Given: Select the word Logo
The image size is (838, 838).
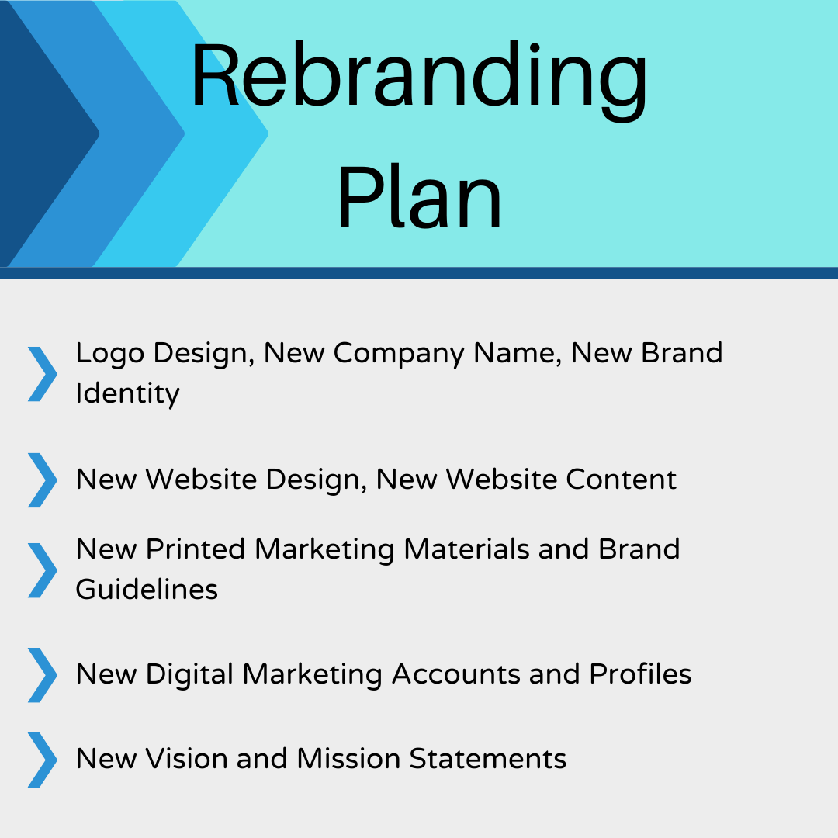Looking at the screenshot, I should [110, 354].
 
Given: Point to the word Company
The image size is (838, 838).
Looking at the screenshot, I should [399, 354].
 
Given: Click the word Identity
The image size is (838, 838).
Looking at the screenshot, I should [127, 394].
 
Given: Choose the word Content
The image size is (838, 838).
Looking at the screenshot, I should [621, 480].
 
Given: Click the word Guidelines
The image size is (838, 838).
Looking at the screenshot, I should [147, 590].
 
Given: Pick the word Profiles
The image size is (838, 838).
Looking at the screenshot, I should [640, 674].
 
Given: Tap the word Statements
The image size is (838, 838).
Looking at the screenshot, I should [488, 759].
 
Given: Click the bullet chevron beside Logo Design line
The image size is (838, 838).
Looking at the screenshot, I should [43, 374].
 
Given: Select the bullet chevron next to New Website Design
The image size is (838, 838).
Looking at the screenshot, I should [43, 480].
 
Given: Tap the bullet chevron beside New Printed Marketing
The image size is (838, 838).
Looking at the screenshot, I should [43, 570].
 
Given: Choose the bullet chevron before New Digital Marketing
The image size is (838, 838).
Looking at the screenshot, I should [43, 675].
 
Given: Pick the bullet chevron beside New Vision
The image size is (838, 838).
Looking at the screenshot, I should [43, 760].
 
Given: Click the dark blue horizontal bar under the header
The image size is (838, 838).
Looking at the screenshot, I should [419, 272].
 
